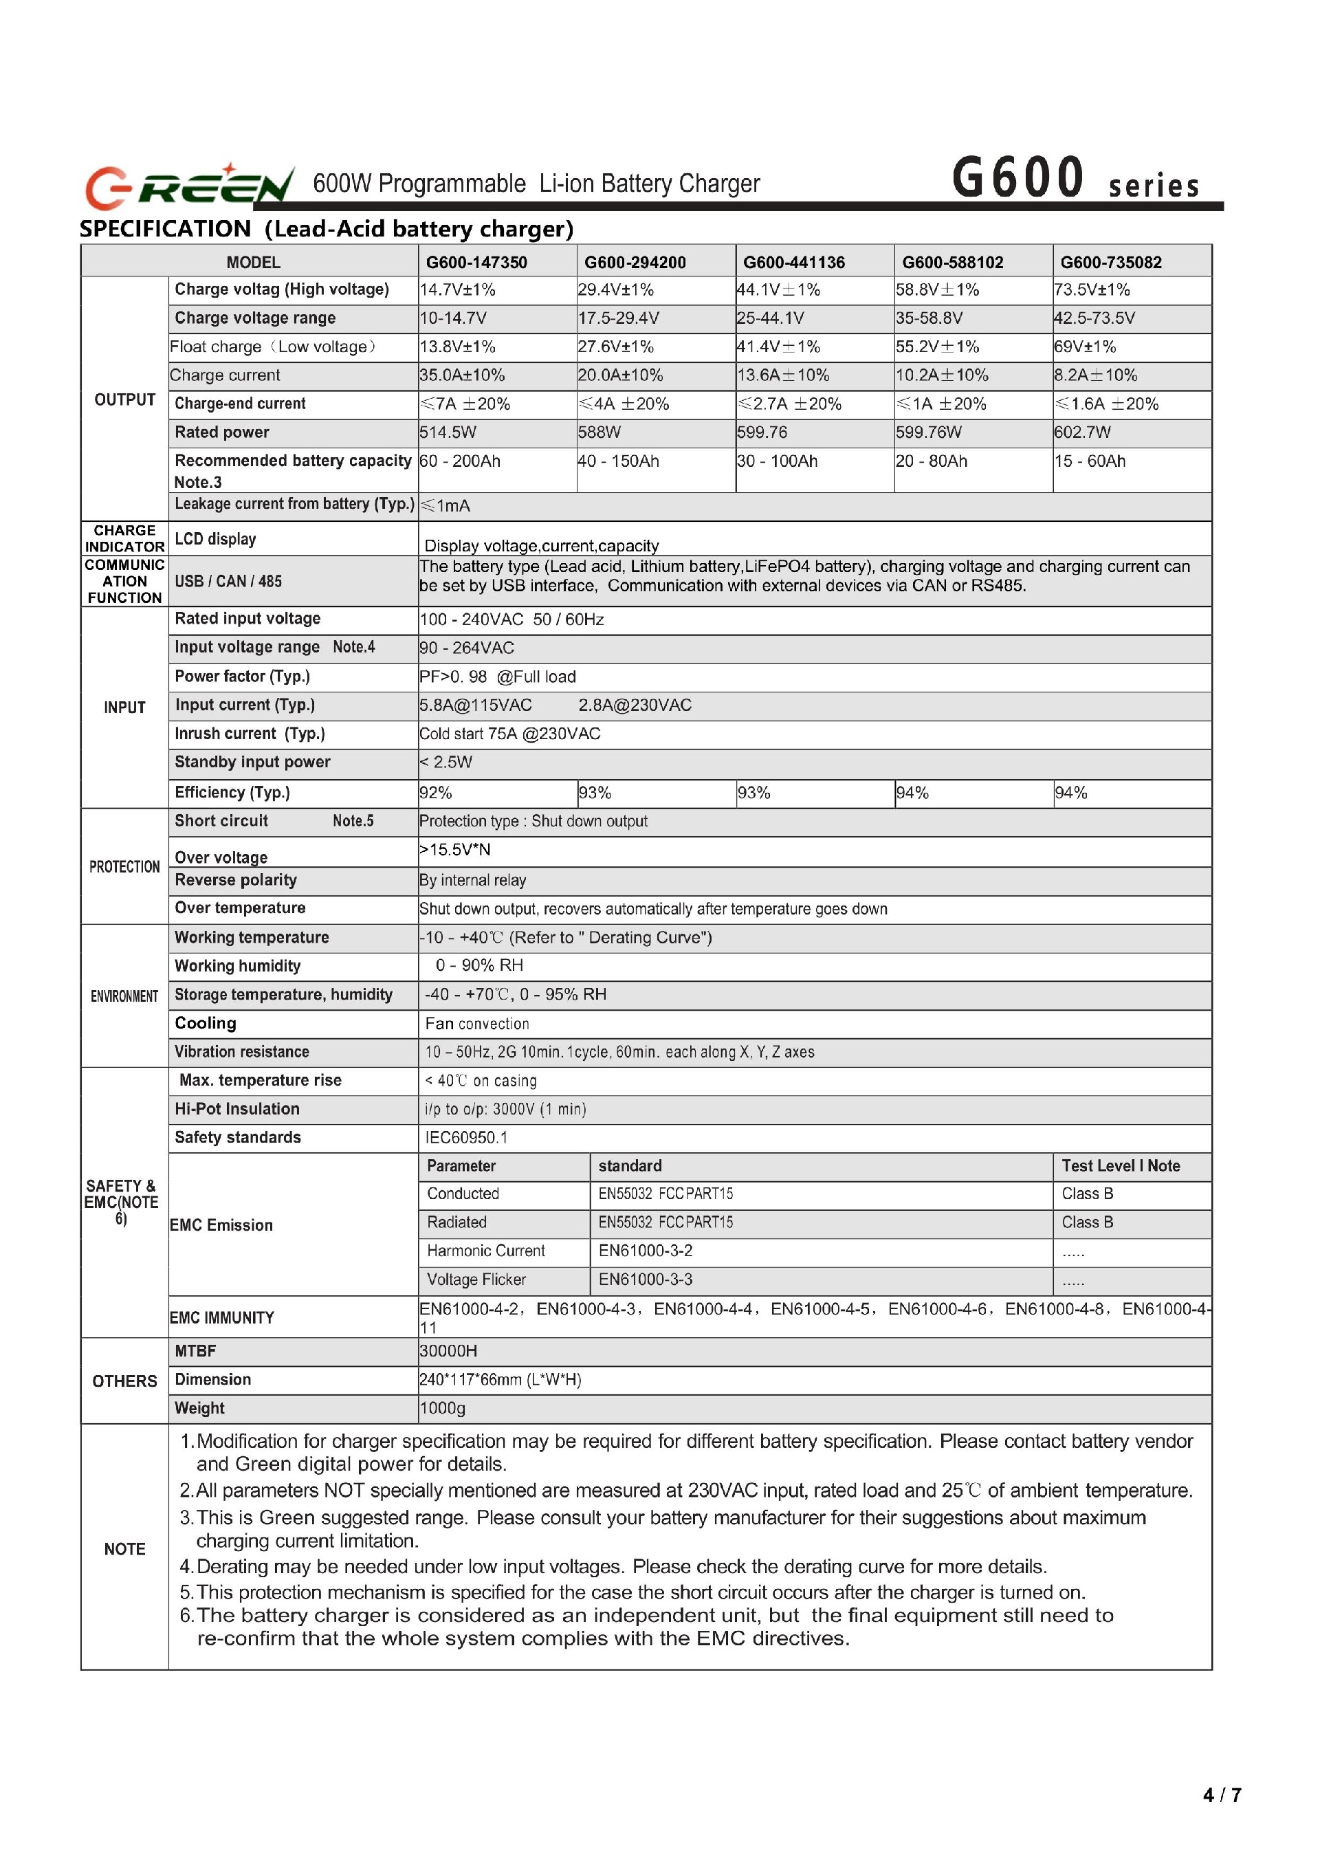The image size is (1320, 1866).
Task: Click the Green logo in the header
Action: click(189, 186)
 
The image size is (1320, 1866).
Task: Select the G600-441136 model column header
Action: click(793, 263)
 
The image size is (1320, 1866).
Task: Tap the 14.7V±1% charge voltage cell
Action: click(458, 290)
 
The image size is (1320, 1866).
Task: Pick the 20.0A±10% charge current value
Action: click(620, 375)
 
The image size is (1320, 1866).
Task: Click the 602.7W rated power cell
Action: click(1082, 432)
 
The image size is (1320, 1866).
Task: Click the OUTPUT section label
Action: click(124, 400)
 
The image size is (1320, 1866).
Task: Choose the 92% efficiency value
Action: click(436, 793)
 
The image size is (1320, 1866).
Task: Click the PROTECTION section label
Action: click(124, 867)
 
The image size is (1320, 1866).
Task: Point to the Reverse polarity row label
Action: click(236, 880)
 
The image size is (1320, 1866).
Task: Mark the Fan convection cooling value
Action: click(476, 1024)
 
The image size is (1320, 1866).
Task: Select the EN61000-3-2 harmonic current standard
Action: click(646, 1251)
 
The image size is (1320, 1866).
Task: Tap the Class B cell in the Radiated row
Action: click(1087, 1222)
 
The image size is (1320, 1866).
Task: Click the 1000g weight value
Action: click(442, 1409)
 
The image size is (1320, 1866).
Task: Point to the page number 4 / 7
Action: click(1222, 1794)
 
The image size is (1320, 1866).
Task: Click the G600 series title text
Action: click(1075, 179)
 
